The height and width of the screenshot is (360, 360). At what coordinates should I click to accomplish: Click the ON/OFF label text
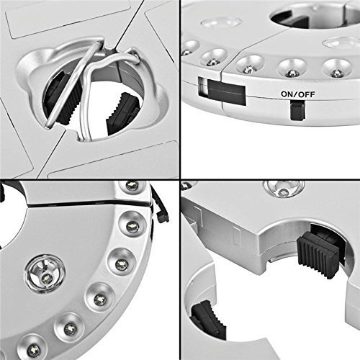tap(297, 94)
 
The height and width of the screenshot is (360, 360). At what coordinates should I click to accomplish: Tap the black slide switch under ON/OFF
tap(297, 110)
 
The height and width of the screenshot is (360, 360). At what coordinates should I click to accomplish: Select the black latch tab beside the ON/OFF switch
tap(226, 92)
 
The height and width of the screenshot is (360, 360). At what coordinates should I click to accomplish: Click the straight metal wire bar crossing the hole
tap(73, 84)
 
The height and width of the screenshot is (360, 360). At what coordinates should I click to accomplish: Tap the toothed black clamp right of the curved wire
tap(122, 113)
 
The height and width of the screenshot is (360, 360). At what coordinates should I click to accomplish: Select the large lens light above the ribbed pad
tap(284, 189)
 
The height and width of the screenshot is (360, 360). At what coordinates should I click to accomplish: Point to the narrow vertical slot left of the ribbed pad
tap(237, 235)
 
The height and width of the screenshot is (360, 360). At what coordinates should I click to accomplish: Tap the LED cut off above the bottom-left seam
tap(132, 185)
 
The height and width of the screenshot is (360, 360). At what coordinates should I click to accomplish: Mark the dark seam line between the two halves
tap(88, 204)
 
